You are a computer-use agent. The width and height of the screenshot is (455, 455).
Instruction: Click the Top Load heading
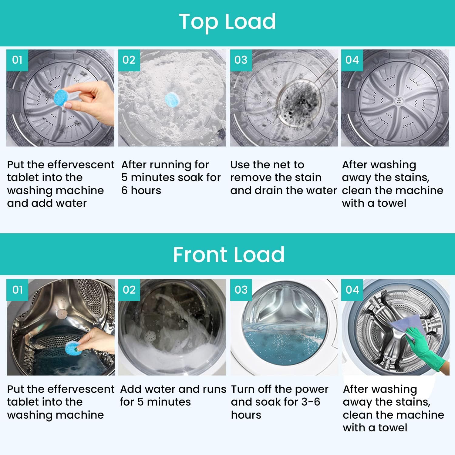point(227,22)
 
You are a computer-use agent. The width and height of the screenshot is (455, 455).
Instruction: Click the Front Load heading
point(228,254)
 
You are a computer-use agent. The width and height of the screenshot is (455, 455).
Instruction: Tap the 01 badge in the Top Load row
point(17,60)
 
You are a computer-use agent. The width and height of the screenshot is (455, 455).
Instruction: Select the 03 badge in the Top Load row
point(241,60)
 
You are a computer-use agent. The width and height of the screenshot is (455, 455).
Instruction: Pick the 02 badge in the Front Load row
point(129,290)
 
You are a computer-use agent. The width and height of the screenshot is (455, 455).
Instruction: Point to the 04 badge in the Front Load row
point(352,290)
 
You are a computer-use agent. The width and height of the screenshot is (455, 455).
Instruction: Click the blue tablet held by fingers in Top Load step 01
point(62,97)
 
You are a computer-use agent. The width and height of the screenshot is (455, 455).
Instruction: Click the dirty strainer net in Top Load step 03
point(299,103)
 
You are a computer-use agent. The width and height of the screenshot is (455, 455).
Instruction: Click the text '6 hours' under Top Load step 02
point(141,190)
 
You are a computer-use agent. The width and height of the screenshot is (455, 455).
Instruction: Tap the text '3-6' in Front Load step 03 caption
point(311,402)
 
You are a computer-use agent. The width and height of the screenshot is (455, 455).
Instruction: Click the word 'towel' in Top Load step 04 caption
point(391,203)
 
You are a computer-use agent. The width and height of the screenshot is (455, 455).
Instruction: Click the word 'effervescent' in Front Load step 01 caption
point(81,389)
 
